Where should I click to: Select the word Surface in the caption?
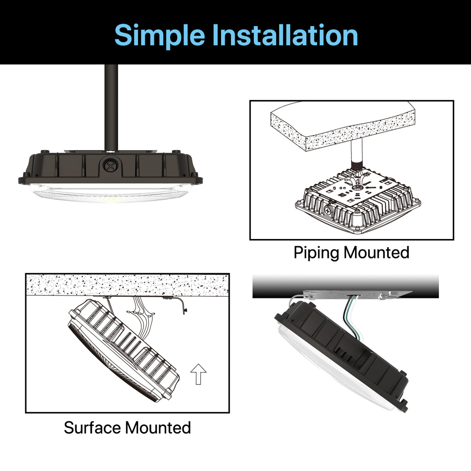coord(92,428)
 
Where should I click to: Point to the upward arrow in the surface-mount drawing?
coord(198,374)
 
